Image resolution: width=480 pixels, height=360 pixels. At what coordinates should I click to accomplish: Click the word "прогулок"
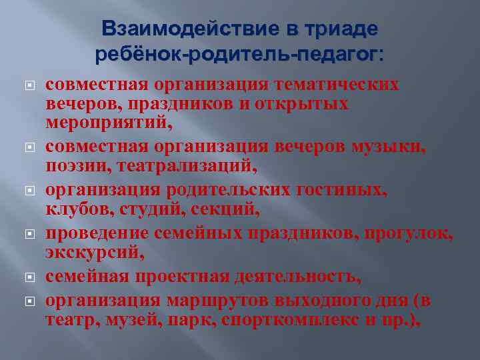coord(404,233)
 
